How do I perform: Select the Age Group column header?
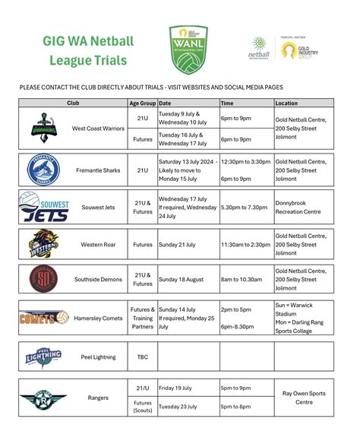point(143,103)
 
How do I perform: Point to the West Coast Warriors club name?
point(98,129)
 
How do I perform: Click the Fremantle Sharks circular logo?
point(42,170)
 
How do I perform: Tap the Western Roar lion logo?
point(43,245)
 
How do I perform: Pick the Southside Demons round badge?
point(43,279)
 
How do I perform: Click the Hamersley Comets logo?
point(43,318)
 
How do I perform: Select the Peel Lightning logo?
point(43,356)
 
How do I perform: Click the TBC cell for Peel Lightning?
point(143,356)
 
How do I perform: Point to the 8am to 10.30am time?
point(242,279)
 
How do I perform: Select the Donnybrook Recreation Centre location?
point(298,208)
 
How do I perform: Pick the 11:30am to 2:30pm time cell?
point(245,245)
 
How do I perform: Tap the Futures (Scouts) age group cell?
point(143,407)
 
